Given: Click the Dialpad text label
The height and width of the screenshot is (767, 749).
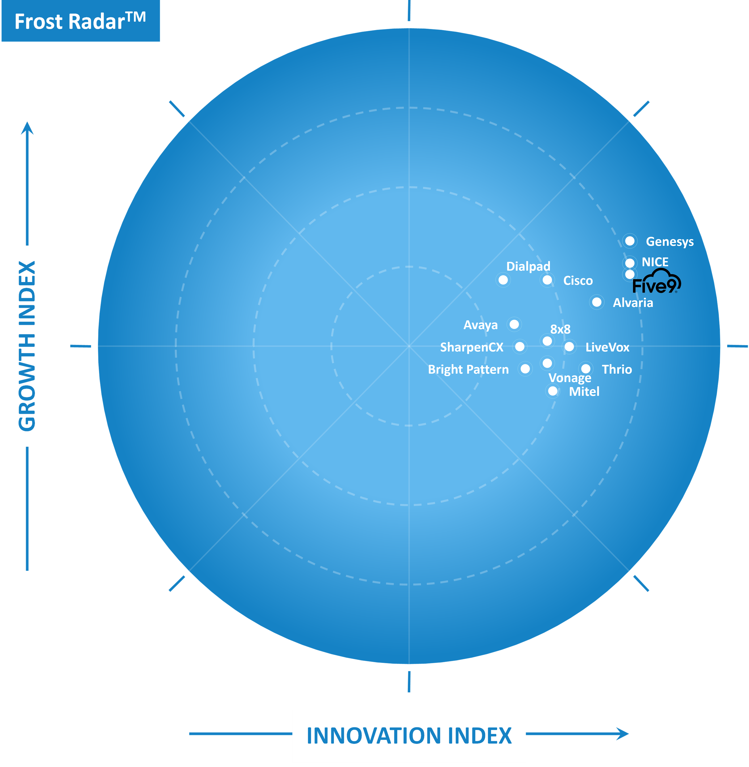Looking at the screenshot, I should click(x=528, y=266).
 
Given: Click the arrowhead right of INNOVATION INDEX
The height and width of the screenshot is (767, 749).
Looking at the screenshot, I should click(x=623, y=734).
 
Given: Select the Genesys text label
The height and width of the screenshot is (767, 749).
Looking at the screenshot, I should click(x=670, y=242).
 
